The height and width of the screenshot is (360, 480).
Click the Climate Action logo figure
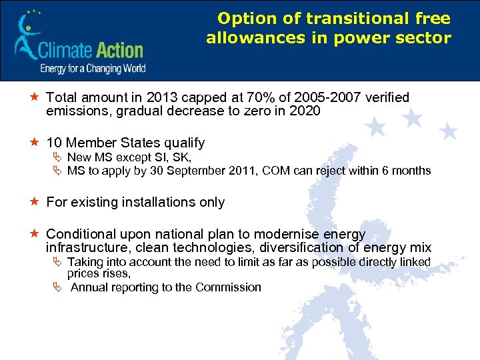(27, 37)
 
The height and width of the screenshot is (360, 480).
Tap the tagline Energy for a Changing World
(93, 68)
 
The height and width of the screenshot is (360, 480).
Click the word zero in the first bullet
(254, 111)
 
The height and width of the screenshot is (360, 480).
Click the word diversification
(318, 248)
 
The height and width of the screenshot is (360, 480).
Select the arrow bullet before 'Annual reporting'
(57, 287)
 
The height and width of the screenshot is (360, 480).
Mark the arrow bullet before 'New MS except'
(57, 157)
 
